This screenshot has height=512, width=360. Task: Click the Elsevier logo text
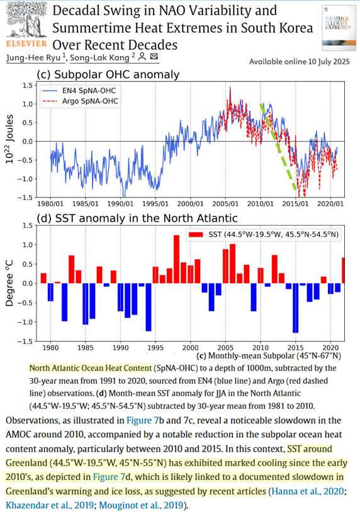(x=25, y=45)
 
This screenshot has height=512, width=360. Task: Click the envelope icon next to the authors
(x=155, y=57)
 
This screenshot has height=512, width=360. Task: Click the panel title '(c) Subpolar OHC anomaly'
(x=108, y=74)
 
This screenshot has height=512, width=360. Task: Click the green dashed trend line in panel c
(x=278, y=147)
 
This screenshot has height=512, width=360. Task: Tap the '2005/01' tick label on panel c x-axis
(x=224, y=204)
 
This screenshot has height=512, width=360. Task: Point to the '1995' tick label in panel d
(x=155, y=348)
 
